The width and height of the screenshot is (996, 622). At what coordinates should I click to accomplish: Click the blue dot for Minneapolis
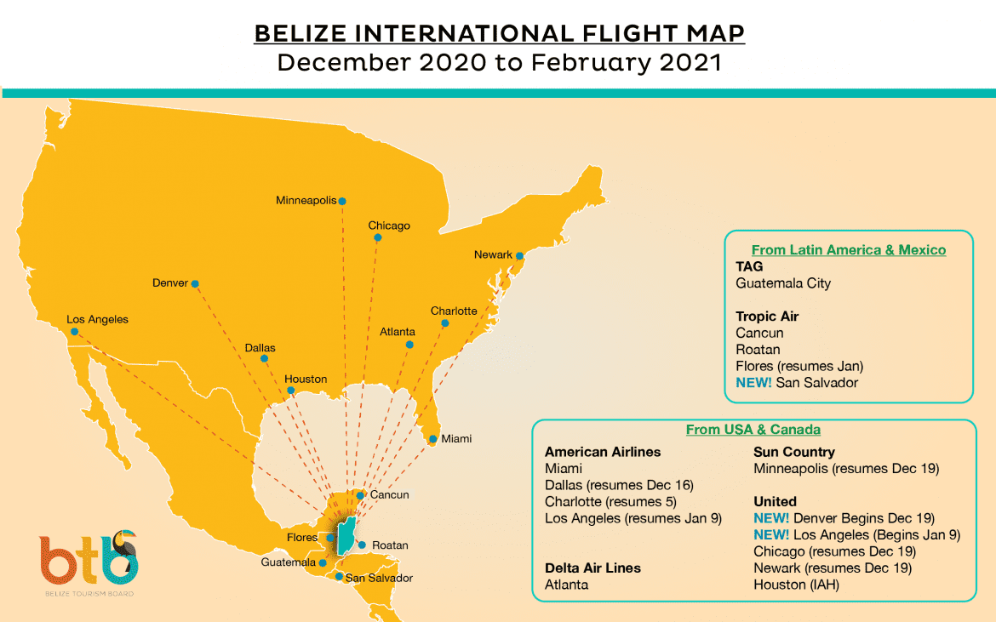tap(342, 202)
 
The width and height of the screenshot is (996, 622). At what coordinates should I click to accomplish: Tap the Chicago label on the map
tap(389, 225)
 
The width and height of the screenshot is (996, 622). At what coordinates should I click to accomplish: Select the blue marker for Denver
tap(195, 283)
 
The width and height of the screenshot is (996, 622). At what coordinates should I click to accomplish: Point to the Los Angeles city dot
tap(75, 331)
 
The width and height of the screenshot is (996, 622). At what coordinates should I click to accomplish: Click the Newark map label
tap(493, 254)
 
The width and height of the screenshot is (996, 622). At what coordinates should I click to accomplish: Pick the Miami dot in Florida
tap(433, 439)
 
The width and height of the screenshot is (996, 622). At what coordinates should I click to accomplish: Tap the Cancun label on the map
tap(390, 494)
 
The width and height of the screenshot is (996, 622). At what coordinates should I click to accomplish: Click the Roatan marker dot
tap(361, 545)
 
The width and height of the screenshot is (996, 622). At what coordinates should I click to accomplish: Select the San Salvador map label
tap(379, 578)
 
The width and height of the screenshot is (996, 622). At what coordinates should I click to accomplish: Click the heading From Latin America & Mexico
tap(849, 250)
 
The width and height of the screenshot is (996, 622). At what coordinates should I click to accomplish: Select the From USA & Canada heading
tap(753, 430)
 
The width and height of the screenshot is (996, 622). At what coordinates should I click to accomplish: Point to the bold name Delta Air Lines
tap(592, 568)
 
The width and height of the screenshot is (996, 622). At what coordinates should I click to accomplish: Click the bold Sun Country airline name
tap(793, 452)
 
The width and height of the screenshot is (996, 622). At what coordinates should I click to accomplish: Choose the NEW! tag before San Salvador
tap(753, 383)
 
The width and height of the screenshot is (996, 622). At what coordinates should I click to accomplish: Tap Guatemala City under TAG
tap(783, 283)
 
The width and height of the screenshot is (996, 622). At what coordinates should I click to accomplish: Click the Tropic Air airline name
tap(767, 317)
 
